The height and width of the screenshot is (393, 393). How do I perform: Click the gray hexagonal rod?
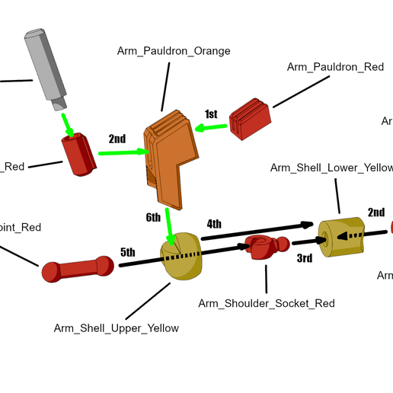(x=46, y=69)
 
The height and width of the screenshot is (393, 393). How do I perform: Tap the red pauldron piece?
(x=250, y=119)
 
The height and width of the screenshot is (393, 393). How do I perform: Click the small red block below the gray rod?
(x=79, y=155)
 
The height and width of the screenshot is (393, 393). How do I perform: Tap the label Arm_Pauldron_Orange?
(x=174, y=51)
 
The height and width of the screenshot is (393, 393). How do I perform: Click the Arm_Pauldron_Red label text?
(x=335, y=67)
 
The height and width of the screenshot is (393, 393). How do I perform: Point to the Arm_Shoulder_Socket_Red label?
(x=267, y=303)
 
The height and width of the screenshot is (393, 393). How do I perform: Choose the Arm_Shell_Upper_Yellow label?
(x=117, y=328)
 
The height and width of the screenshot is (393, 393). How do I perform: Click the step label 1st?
(x=211, y=114)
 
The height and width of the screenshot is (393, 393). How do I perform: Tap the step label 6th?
(x=153, y=217)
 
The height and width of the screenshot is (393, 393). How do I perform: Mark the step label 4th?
(x=214, y=223)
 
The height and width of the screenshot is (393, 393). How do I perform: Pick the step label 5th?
(x=127, y=252)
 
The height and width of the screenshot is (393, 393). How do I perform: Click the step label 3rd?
(x=304, y=259)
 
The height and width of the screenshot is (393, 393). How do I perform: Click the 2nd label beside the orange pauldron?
(x=117, y=139)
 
